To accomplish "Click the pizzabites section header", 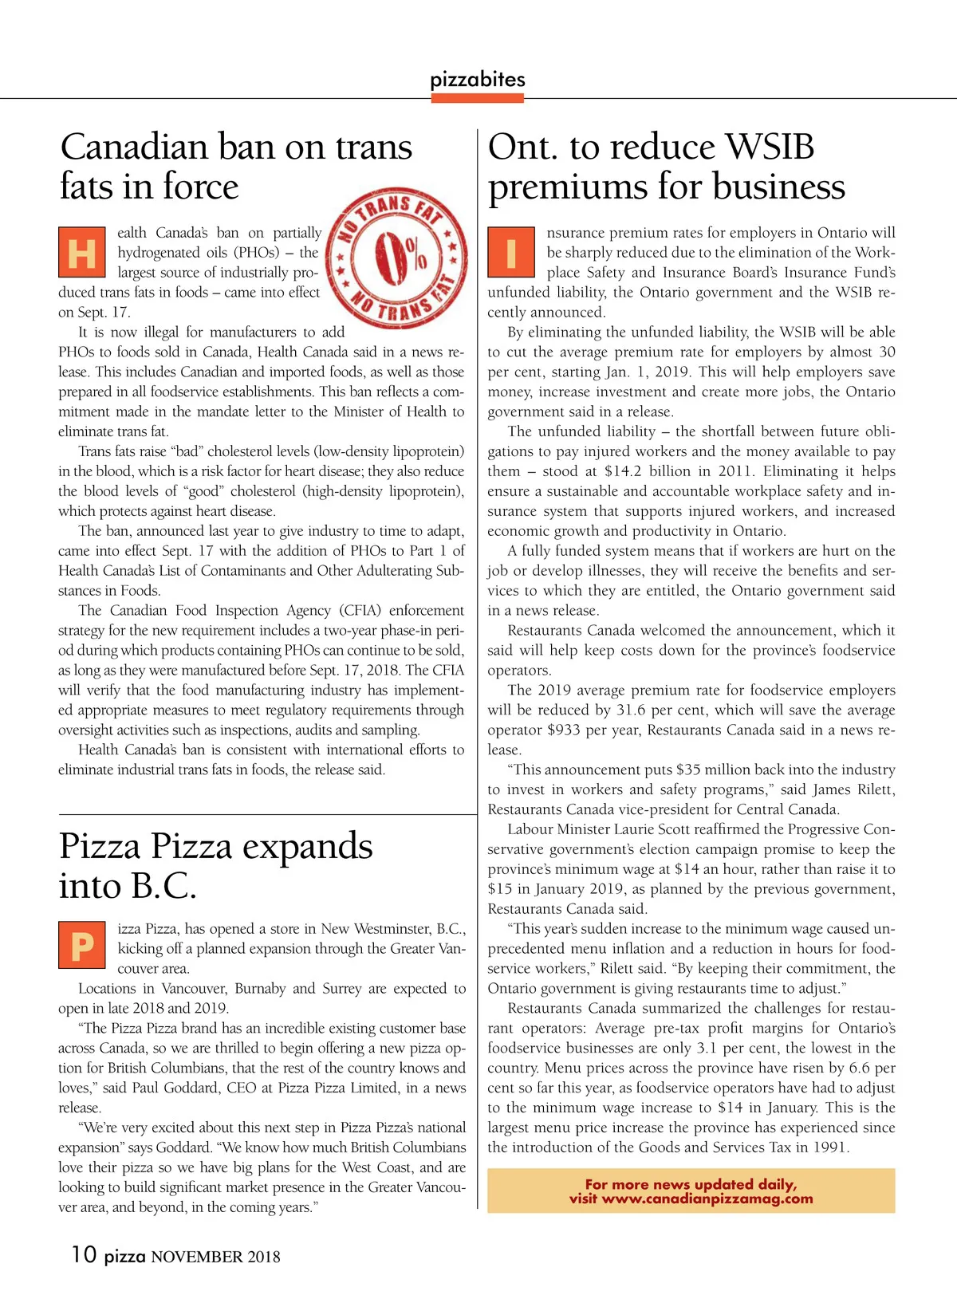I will coord(477,79).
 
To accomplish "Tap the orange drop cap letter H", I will coord(81,252).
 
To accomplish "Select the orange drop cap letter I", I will coord(510,252).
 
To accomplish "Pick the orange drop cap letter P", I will coord(81,946).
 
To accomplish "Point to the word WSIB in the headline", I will coord(770,148).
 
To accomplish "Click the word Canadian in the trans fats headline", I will coord(134,148).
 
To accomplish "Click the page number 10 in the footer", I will coord(84,1254).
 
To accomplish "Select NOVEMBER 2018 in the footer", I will coord(215,1258).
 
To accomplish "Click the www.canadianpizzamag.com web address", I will coord(707,1199).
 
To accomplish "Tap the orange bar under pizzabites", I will coord(477,98).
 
